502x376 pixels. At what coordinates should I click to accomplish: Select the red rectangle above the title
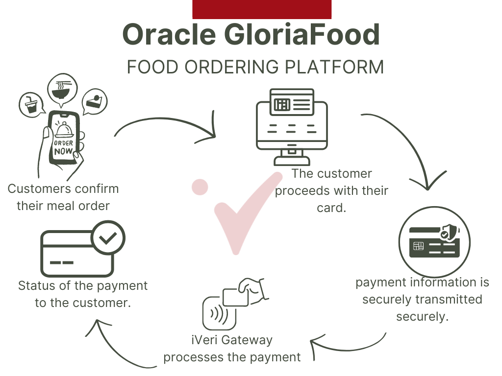[262, 9]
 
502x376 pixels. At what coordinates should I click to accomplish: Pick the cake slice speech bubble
[95, 101]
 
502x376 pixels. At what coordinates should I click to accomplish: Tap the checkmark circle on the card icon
[108, 238]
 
